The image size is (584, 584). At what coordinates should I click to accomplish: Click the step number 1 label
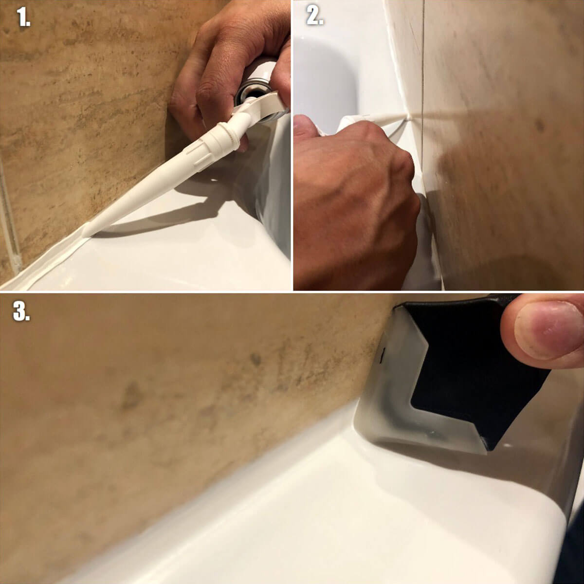(23, 17)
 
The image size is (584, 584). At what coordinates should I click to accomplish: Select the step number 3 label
(21, 311)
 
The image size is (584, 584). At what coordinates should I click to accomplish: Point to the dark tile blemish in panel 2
(539, 125)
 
